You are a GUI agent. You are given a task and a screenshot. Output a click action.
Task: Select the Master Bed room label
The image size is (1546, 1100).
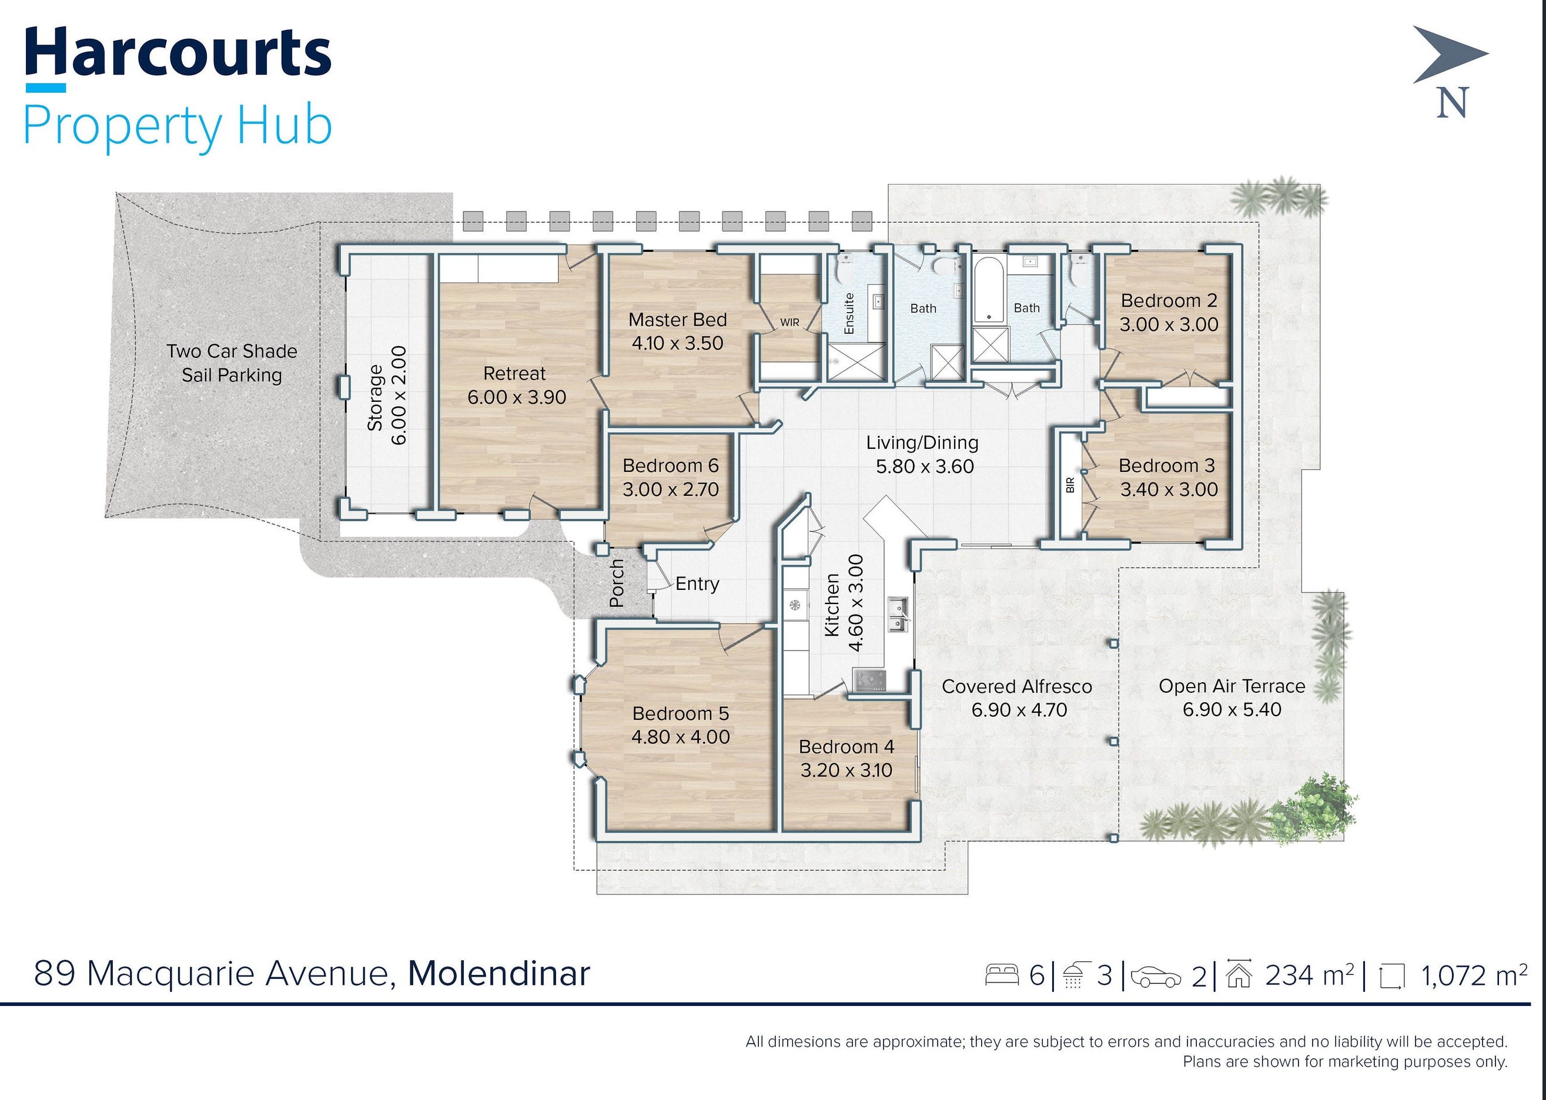click(x=677, y=320)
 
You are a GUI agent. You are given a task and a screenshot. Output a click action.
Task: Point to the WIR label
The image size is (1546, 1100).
click(x=790, y=323)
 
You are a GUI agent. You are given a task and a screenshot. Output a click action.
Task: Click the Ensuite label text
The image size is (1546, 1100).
click(x=849, y=313)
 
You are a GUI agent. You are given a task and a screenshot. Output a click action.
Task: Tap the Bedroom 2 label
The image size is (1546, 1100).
click(x=1169, y=300)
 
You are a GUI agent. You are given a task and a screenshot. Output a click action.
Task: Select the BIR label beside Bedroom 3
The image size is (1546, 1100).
click(x=1070, y=485)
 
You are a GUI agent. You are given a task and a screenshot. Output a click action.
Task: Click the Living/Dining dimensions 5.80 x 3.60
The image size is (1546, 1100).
click(x=925, y=467)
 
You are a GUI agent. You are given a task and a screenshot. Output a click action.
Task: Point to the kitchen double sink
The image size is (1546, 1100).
click(x=898, y=616)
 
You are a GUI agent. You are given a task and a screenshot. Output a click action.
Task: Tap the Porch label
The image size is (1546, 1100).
click(x=617, y=582)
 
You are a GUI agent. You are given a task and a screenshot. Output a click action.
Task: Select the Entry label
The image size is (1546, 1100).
click(x=697, y=584)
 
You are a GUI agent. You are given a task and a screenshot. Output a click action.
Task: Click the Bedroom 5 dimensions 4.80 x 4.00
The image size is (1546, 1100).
click(x=681, y=737)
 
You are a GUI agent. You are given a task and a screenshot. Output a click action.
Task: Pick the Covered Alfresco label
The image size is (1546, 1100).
click(x=1017, y=686)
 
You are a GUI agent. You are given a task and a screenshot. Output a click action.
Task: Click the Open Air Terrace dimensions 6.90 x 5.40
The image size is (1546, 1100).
click(x=1232, y=709)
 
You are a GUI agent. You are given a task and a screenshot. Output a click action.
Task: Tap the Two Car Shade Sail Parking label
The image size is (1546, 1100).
click(x=232, y=363)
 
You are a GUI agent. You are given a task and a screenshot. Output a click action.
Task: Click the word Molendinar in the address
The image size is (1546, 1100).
click(x=498, y=973)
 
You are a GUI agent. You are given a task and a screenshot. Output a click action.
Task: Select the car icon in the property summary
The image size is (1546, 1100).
click(x=1156, y=977)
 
